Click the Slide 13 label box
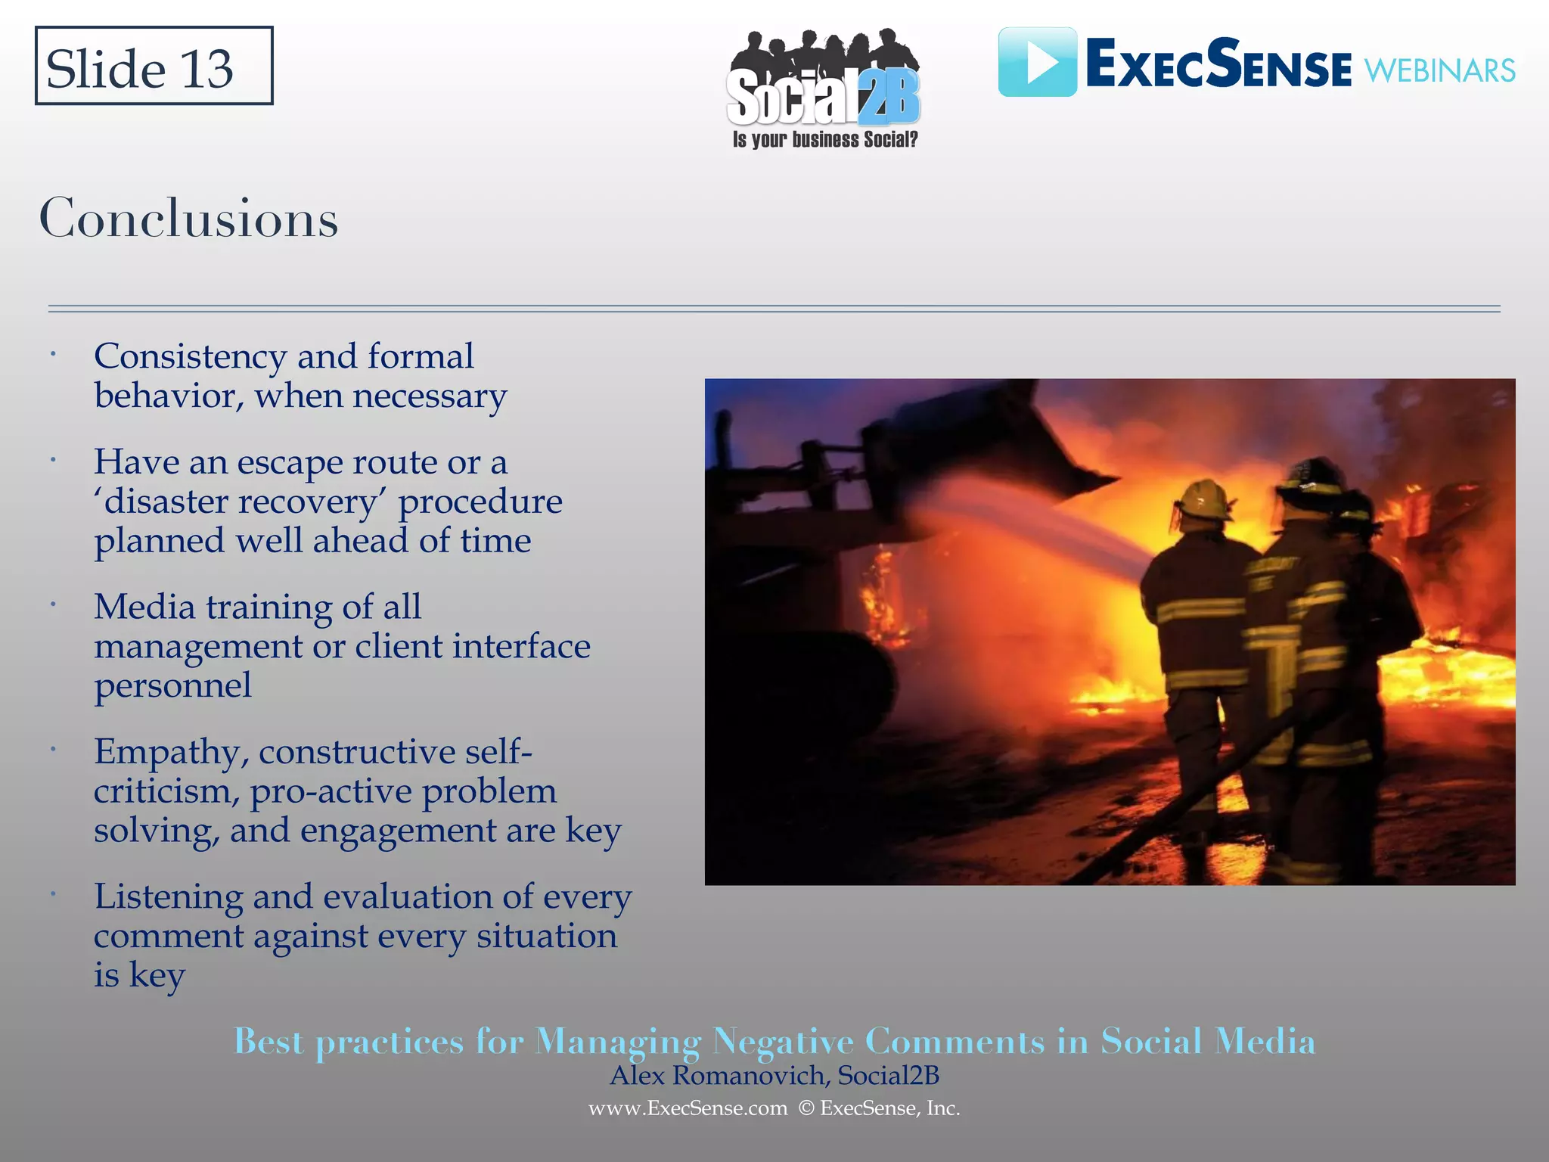(x=154, y=67)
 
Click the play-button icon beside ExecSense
(x=1037, y=62)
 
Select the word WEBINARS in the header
(x=1439, y=71)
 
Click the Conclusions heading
(x=188, y=219)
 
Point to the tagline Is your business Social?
(x=824, y=140)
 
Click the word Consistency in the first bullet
(x=190, y=357)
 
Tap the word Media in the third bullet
(x=144, y=607)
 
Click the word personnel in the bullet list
(x=172, y=685)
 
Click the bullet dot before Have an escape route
(x=53, y=460)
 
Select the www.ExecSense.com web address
(x=688, y=1108)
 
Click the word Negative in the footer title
(x=783, y=1042)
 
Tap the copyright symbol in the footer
(x=806, y=1108)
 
